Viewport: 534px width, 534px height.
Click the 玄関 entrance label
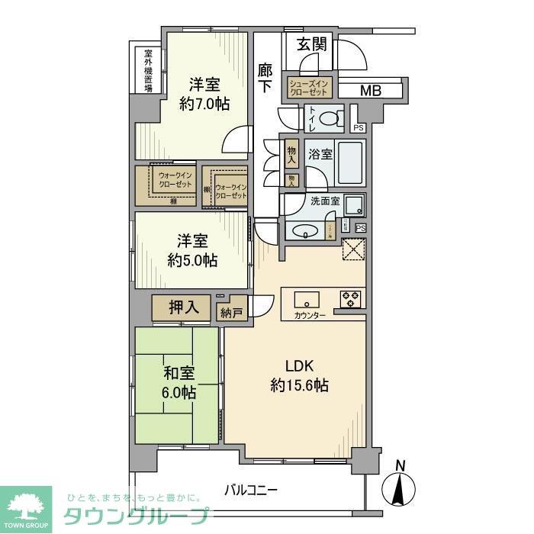point(312,44)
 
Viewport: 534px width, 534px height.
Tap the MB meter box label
point(370,91)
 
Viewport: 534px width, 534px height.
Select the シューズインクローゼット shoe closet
point(309,87)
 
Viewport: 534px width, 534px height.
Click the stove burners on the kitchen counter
point(351,298)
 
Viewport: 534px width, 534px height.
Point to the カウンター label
point(309,315)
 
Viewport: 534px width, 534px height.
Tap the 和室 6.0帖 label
point(179,383)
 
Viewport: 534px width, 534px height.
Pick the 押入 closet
point(184,307)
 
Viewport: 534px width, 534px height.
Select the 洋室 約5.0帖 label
point(192,251)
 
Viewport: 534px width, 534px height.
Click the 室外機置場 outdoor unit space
point(148,70)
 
